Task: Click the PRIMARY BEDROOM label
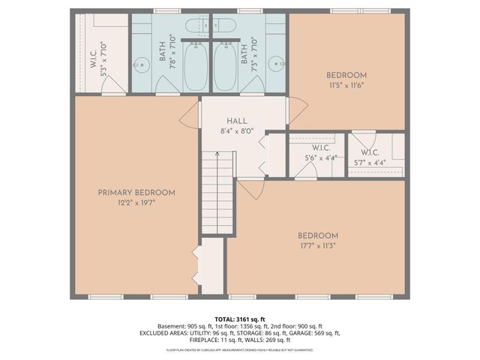click(x=136, y=193)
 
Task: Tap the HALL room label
click(x=237, y=121)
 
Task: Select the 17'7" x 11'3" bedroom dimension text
click(x=317, y=244)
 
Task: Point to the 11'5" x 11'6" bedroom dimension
click(x=346, y=85)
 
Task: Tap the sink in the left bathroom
click(x=139, y=63)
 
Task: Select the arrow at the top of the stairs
click(x=217, y=155)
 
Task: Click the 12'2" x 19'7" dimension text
click(x=136, y=203)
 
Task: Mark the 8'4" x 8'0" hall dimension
click(x=237, y=130)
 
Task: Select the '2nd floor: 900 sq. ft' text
click(x=297, y=326)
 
